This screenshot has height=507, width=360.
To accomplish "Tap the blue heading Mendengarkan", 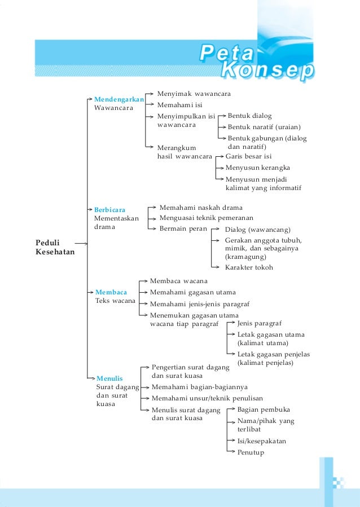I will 119,99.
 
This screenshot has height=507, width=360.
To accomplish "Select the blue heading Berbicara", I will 109,210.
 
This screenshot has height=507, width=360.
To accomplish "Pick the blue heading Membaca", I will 111,292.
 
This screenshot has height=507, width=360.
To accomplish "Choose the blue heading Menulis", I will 109,378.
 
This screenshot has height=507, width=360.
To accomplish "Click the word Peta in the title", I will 227,55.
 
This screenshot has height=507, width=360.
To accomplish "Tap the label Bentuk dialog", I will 249,116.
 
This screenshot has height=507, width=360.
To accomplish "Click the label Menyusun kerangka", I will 257,167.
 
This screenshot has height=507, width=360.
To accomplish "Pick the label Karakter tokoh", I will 249,267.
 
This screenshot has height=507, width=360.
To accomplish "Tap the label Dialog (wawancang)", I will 257,230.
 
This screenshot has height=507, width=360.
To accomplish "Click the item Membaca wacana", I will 178,281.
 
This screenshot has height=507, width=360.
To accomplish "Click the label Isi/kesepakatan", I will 261,440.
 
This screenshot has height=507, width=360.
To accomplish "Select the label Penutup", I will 251,452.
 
